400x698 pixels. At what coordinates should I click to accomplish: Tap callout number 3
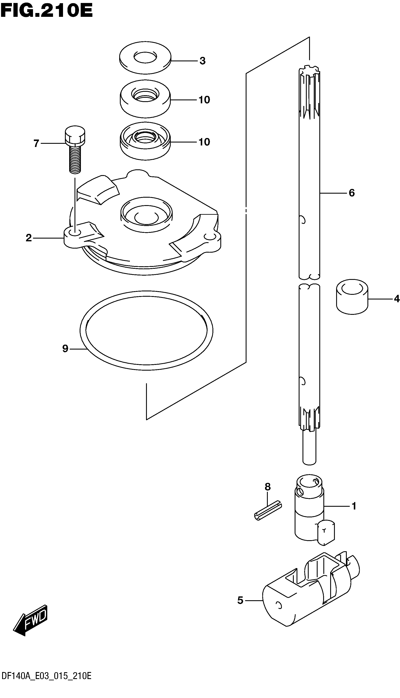202,61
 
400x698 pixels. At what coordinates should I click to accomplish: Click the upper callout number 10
204,100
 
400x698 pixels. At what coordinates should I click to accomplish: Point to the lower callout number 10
204,142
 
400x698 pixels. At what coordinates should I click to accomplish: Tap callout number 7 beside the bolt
36,143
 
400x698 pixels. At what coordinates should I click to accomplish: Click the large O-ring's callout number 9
65,349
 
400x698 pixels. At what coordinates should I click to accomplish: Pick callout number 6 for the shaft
352,193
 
